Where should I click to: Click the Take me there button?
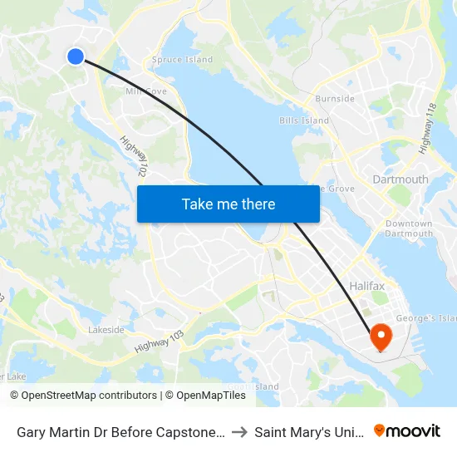coord(228,204)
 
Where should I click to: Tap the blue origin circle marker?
coord(76,56)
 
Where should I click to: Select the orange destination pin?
coord(381,337)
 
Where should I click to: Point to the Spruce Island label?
coord(182,60)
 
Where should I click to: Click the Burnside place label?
coord(335,99)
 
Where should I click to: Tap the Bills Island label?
coord(304,120)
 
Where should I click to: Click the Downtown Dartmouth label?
coord(409,228)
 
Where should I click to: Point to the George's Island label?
coord(427,318)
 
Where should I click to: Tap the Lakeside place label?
coord(106,330)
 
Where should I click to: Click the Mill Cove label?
coord(145,91)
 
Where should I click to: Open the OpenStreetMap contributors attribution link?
coord(83,396)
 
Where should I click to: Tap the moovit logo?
coord(407,431)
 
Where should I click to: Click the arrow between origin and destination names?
coord(238,432)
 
